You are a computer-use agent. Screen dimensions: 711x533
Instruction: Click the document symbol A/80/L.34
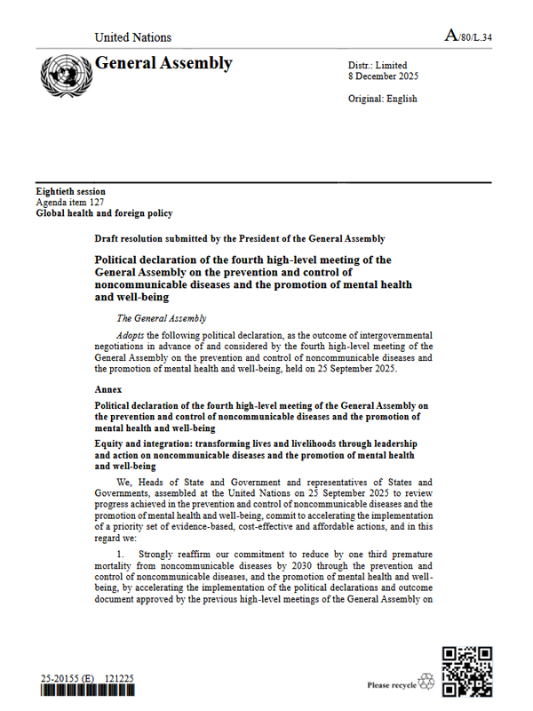click(x=468, y=36)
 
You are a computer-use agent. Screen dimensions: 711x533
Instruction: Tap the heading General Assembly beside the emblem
click(x=163, y=63)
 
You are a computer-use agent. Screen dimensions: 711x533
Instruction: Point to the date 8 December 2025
click(x=384, y=76)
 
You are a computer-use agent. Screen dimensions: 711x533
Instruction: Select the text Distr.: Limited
click(x=378, y=65)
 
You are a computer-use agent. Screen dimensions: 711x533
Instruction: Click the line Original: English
click(x=383, y=99)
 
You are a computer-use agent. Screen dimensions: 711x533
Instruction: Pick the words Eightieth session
click(x=70, y=192)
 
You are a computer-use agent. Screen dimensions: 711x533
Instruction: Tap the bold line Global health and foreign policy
click(x=104, y=213)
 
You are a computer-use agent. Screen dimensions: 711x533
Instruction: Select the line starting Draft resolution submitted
click(x=240, y=239)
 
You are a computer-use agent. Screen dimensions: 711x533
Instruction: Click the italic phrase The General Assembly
click(x=162, y=318)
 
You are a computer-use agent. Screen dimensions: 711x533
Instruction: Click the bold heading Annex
click(x=110, y=389)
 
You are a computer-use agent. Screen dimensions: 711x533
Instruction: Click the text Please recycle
click(x=391, y=686)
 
